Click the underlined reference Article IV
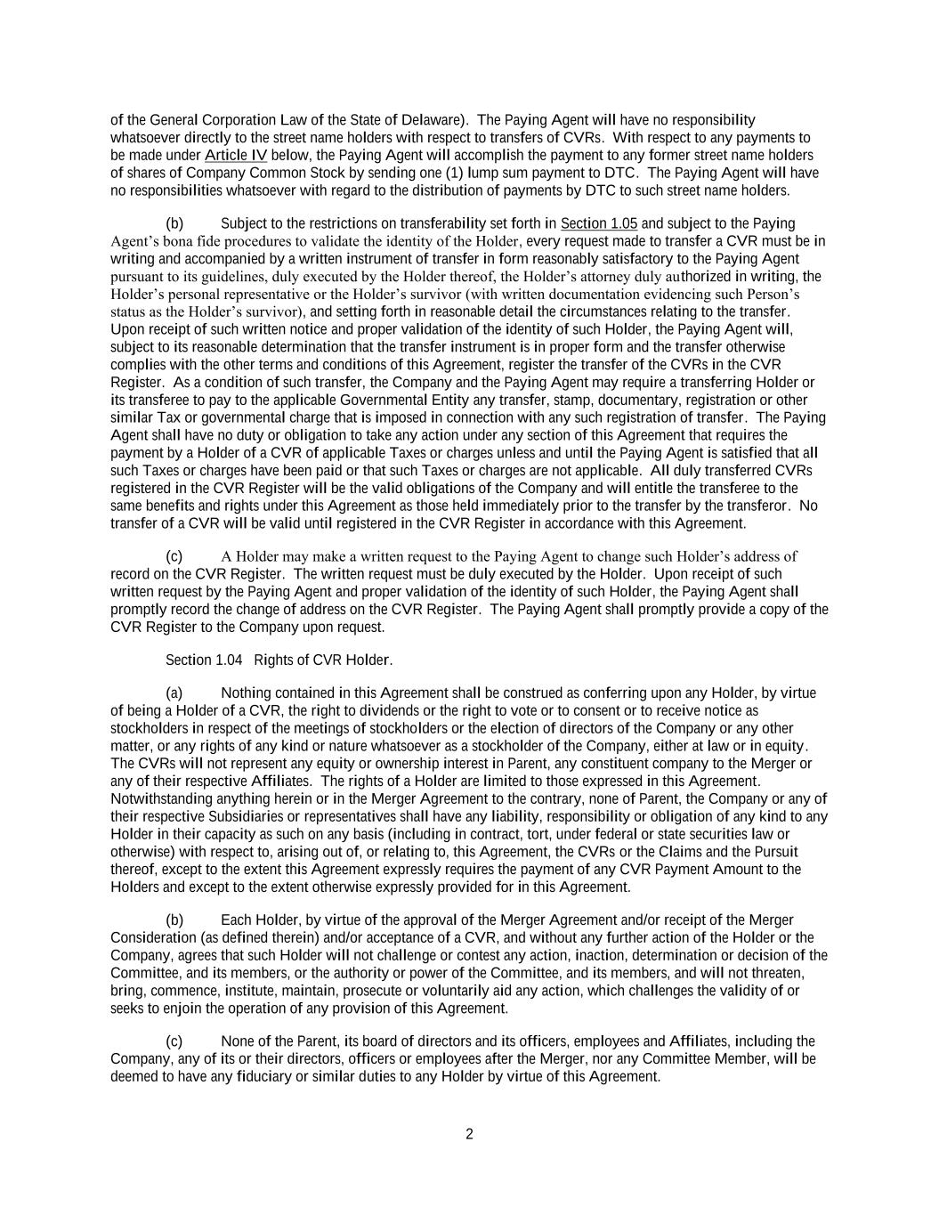point(236,155)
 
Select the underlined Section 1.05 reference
point(598,223)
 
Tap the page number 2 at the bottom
point(469,1134)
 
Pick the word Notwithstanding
point(158,798)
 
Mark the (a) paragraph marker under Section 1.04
point(174,693)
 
